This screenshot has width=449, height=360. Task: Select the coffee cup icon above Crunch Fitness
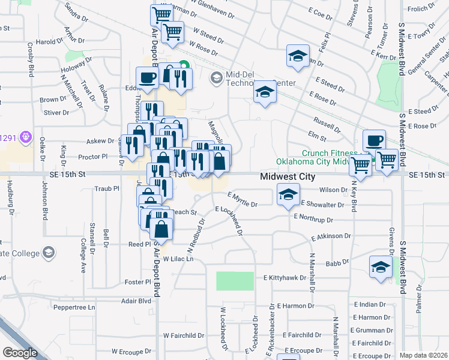(x=374, y=141)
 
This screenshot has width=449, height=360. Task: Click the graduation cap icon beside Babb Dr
(x=381, y=267)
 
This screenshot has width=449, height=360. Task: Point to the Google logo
(x=20, y=353)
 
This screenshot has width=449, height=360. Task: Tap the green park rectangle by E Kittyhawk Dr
(x=235, y=281)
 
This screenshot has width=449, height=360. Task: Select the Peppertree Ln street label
(x=74, y=307)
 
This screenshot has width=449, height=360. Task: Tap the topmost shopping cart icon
(x=161, y=14)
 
